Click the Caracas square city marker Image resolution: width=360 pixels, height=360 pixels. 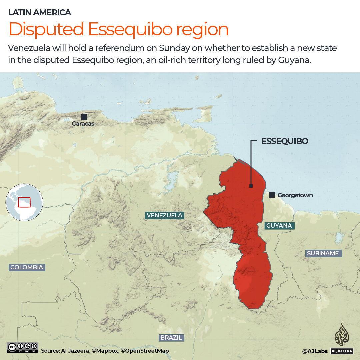click(x=84, y=117)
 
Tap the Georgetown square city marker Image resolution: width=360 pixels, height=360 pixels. click(x=272, y=195)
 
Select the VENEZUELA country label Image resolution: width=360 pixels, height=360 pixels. click(x=164, y=215)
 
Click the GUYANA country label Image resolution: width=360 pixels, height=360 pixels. click(x=279, y=226)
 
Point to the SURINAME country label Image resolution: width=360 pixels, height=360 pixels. click(x=323, y=253)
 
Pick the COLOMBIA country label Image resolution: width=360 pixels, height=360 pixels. click(x=27, y=267)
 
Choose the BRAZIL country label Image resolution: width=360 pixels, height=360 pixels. click(x=171, y=337)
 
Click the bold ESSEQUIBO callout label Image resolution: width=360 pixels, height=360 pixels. click(x=285, y=141)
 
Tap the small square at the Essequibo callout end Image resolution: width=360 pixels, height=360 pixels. click(x=251, y=186)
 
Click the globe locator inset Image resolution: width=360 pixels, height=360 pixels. click(x=24, y=202)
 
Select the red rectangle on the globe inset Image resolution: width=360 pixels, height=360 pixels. click(x=24, y=202)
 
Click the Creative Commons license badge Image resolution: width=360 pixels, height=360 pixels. click(x=22, y=347)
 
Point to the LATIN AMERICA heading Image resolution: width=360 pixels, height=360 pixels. click(x=40, y=13)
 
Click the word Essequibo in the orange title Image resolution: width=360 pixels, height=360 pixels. click(x=131, y=29)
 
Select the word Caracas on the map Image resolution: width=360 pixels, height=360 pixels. click(x=83, y=124)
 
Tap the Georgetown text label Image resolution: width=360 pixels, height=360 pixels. click(x=295, y=195)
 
